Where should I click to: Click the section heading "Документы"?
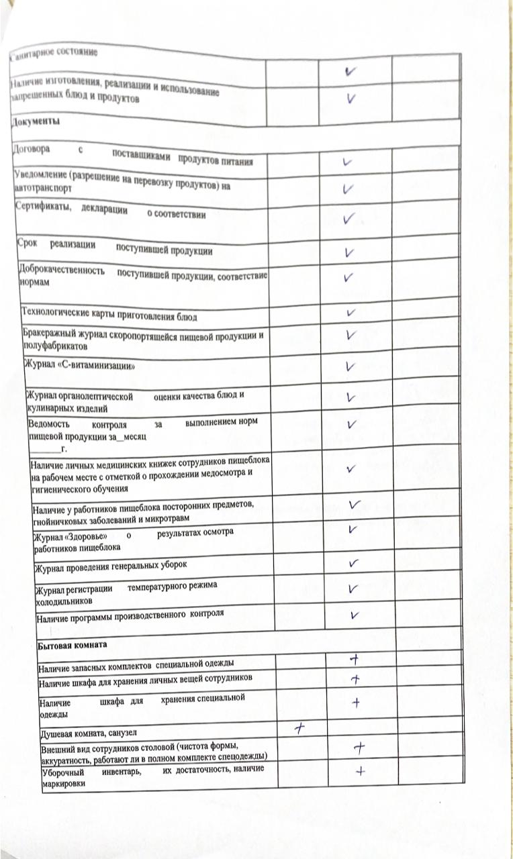click(36, 121)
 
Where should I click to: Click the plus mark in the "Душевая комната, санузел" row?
click(299, 727)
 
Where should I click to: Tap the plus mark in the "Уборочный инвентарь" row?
click(360, 770)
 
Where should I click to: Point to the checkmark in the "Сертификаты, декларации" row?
click(348, 219)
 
